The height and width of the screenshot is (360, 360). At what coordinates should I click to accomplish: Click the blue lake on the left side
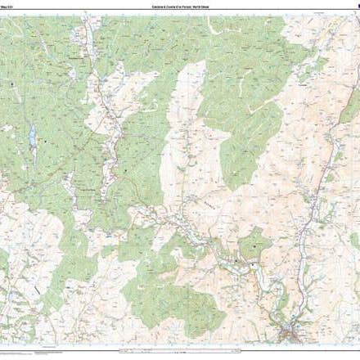pos(32,134)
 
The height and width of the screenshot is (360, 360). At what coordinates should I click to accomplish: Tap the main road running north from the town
pos(315,205)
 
